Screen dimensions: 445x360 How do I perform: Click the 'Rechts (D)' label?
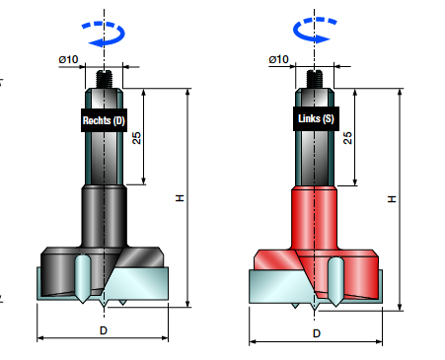pyautogui.click(x=104, y=120)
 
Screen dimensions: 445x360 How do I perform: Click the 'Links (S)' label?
pyautogui.click(x=316, y=118)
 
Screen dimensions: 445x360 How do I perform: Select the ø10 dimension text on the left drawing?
pyautogui.click(x=68, y=59)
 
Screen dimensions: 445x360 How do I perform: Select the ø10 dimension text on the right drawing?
pyautogui.click(x=278, y=59)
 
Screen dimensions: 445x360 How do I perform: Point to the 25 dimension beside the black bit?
pyautogui.click(x=136, y=138)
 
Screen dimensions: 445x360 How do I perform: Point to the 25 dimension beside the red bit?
pyautogui.click(x=347, y=138)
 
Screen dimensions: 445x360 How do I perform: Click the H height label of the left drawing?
pyautogui.click(x=180, y=198)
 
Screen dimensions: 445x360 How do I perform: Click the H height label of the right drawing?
pyautogui.click(x=392, y=199)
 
